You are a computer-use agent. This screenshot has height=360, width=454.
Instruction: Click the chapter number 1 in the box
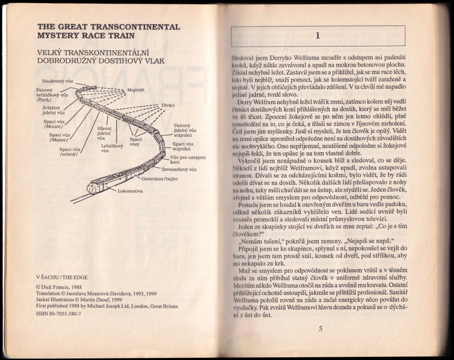point(318,36)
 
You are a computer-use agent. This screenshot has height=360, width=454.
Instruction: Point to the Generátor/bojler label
point(160,179)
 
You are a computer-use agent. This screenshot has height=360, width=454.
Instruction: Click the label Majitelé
point(138,90)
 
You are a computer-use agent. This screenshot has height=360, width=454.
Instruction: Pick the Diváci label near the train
point(169,105)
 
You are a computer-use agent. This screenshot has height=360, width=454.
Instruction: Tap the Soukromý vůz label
point(58,81)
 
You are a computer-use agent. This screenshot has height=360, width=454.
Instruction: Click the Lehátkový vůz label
point(112,148)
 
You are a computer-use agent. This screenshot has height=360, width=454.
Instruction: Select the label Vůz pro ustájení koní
point(187,159)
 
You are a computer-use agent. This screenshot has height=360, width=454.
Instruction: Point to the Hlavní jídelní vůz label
point(104,133)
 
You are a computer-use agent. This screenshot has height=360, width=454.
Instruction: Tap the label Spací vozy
point(136,142)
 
